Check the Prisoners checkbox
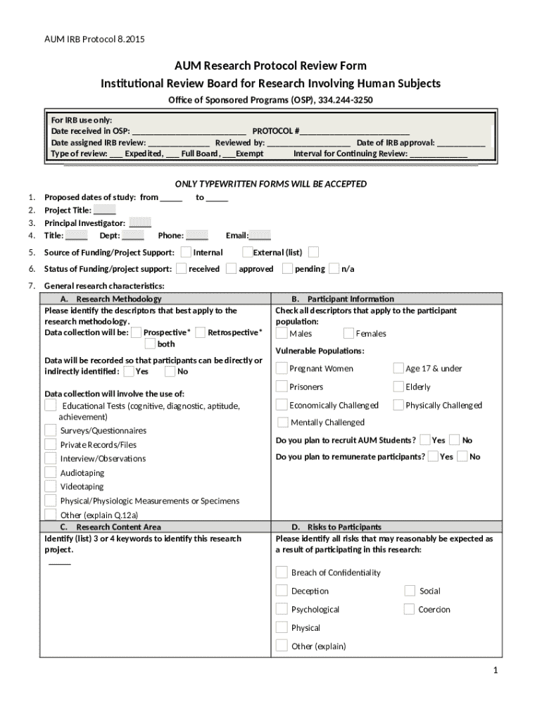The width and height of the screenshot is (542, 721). (282, 387)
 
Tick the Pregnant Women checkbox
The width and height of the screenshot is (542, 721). (282, 368)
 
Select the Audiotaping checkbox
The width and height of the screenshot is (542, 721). (50, 472)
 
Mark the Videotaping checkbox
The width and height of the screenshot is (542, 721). (50, 487)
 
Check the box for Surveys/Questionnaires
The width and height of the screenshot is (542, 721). (50, 430)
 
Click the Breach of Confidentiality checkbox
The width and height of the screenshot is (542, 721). (282, 572)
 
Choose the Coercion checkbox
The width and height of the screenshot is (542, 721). (410, 609)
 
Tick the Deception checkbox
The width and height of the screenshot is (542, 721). (282, 591)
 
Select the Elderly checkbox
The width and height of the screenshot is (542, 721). (398, 387)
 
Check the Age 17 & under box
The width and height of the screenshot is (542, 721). (398, 368)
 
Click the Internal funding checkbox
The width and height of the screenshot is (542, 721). (185, 252)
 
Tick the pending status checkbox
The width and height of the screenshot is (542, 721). (287, 268)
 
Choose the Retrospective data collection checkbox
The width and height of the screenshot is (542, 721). (201, 332)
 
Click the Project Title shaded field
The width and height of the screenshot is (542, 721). (105, 210)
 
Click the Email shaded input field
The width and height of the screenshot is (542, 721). (260, 236)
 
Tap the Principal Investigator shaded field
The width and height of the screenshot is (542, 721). (140, 222)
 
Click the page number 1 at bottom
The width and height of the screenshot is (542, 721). (496, 670)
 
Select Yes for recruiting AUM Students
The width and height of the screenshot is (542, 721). (424, 439)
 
